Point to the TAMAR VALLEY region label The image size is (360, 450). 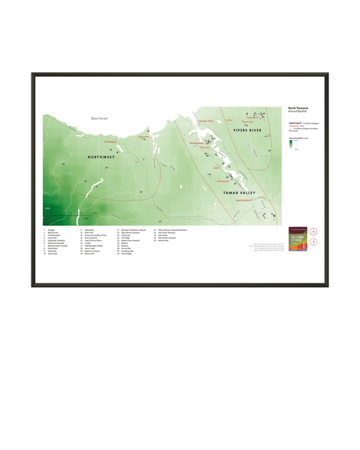point(240,193)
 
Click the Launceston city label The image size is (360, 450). point(244,201)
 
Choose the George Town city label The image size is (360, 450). point(206,123)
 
